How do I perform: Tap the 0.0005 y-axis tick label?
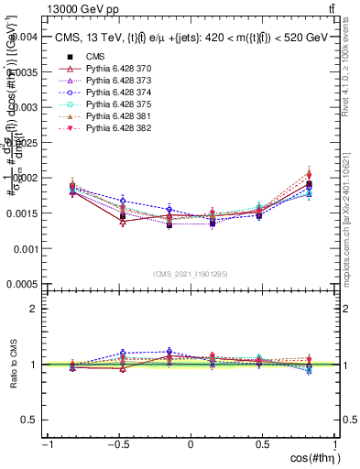click(23, 284)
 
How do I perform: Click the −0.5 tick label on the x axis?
click(117, 444)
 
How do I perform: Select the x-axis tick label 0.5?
click(263, 444)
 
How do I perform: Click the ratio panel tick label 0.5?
click(29, 420)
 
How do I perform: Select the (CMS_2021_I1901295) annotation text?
click(190, 274)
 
